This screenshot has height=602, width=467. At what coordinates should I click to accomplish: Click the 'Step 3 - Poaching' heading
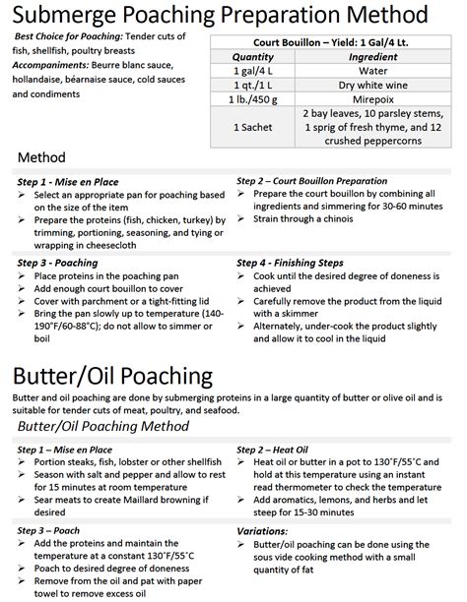[x=57, y=263]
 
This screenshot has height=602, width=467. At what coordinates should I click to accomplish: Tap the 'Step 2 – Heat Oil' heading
[x=280, y=449]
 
